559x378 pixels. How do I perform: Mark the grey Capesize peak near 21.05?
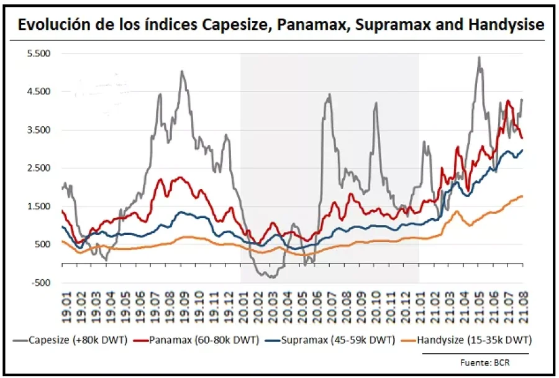click(479, 58)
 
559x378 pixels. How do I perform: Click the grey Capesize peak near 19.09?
click(182, 71)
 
